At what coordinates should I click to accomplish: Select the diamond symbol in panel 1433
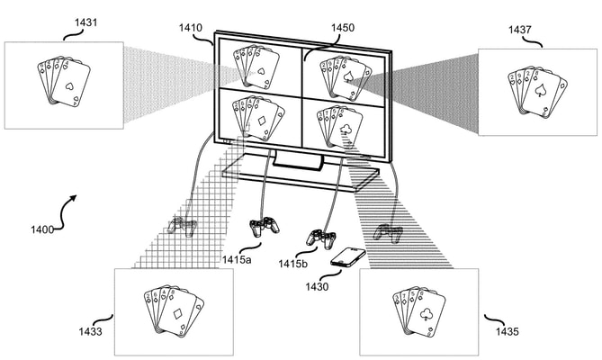coord(178,315)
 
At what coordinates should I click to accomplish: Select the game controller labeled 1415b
coord(319,238)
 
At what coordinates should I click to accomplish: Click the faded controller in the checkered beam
coord(185,226)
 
